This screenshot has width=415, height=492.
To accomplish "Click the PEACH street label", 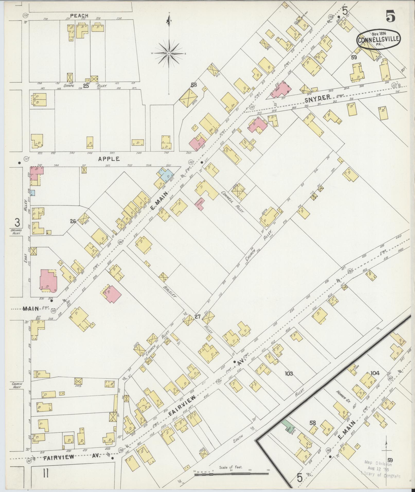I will pyautogui.click(x=79, y=16).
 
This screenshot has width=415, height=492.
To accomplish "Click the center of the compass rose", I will pyautogui.click(x=169, y=53).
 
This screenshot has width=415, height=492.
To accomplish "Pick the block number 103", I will pyautogui.click(x=289, y=373).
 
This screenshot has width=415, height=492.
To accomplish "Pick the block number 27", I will pyautogui.click(x=197, y=317).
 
